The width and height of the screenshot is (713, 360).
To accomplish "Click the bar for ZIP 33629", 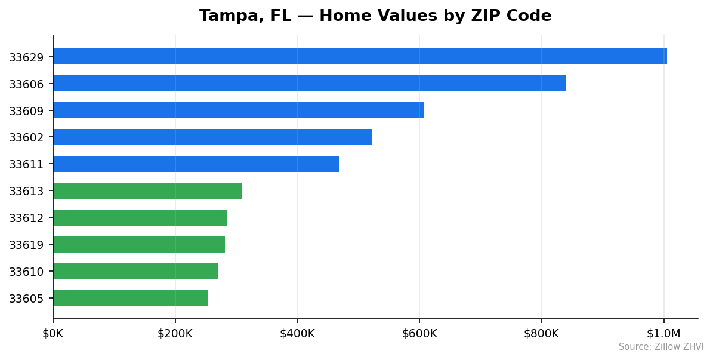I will click(x=360, y=57).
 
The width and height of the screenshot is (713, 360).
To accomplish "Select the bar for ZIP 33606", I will click(x=310, y=84).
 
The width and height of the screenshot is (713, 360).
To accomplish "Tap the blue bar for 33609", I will click(x=238, y=110).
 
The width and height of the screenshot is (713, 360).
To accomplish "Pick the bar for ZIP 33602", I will click(x=212, y=137).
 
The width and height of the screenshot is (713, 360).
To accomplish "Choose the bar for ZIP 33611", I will click(x=196, y=164).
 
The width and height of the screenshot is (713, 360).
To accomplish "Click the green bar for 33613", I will click(x=147, y=191).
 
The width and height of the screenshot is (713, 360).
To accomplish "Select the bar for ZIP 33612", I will click(x=140, y=218).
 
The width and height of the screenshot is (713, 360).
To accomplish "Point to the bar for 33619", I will click(x=139, y=245).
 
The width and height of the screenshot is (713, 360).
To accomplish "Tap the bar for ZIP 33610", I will click(x=135, y=272).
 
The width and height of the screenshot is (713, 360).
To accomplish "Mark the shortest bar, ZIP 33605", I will click(x=131, y=299).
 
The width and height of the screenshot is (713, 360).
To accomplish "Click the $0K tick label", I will click(x=53, y=333).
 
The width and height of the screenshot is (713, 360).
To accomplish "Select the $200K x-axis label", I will click(x=175, y=333).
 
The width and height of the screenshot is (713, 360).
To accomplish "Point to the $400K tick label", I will click(x=297, y=333).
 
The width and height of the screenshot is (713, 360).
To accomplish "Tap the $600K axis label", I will click(x=419, y=333).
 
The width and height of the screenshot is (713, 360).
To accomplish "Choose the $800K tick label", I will click(x=542, y=333).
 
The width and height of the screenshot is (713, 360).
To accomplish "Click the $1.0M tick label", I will click(x=663, y=333).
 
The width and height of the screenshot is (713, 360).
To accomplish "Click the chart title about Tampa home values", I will click(x=375, y=16).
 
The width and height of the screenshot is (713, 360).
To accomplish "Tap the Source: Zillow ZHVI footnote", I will click(x=660, y=347).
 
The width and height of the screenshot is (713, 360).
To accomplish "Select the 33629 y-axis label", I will click(x=26, y=57).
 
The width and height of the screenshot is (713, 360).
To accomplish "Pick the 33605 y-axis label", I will click(x=26, y=299).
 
